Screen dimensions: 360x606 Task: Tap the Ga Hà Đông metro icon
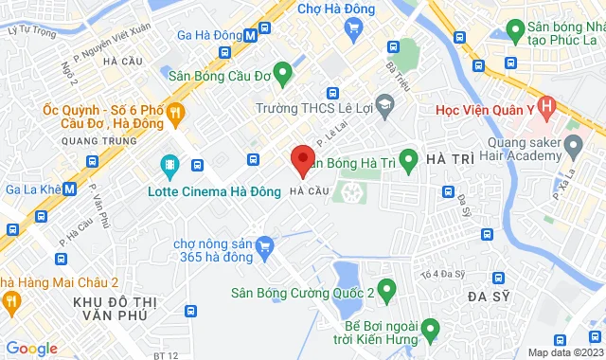pyautogui.click(x=249, y=35)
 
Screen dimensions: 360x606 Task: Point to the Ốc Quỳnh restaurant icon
pyautogui.click(x=175, y=115)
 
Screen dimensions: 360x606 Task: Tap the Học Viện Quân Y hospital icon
pyautogui.click(x=544, y=106)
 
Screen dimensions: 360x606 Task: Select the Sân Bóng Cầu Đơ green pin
pyautogui.click(x=282, y=75)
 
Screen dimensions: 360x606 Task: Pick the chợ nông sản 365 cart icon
pyautogui.click(x=266, y=246)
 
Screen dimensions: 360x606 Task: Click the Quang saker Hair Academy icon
pyautogui.click(x=571, y=146)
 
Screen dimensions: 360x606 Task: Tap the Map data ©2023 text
pyautogui.click(x=565, y=352)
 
